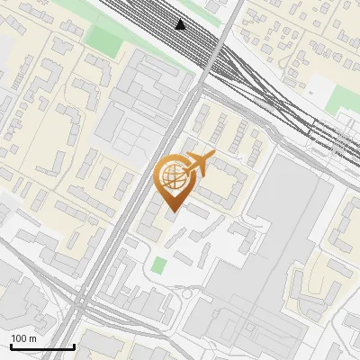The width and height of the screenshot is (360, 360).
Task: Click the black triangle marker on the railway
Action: pyautogui.click(x=182, y=24)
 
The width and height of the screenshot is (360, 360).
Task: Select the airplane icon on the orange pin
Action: pyautogui.click(x=196, y=166)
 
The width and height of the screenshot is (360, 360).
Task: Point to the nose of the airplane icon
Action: pyautogui.click(x=212, y=157)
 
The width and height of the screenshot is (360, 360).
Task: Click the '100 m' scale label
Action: pyautogui.click(x=23, y=338)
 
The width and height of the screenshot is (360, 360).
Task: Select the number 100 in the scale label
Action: pyautogui.click(x=19, y=338)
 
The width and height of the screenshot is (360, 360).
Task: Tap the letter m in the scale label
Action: pyautogui.click(x=32, y=338)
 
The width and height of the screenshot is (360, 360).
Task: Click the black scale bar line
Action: pyautogui.click(x=41, y=346)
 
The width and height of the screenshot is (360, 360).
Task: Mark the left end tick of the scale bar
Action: pyautogui.click(x=11, y=345)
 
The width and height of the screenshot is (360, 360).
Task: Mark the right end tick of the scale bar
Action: pyautogui.click(x=73, y=345)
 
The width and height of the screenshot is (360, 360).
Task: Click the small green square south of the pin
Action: pyautogui.click(x=159, y=265)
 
